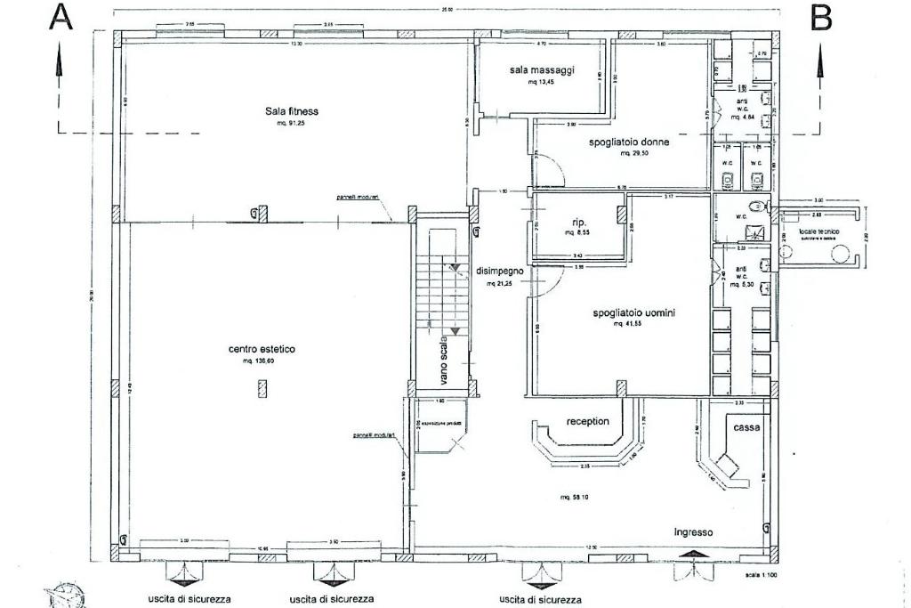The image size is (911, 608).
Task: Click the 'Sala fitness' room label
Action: pos(291,111)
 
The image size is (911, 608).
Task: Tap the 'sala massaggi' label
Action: pos(542,69)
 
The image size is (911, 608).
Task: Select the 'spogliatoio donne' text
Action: pos(628,142)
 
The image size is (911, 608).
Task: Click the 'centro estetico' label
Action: pos(262,350)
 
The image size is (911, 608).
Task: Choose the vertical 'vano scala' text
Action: pos(443,360)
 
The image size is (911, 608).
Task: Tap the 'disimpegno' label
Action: pos(499,271)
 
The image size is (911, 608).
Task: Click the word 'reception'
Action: pos(588,421)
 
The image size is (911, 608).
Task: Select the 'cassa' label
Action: pos(746,428)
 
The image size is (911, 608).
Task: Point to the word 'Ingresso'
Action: pos(693,532)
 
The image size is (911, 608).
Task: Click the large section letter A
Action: pos(60,18)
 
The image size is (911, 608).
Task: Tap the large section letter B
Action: pos(821,18)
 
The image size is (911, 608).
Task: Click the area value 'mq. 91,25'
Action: pos(291,123)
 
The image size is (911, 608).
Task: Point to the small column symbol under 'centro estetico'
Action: pos(262,388)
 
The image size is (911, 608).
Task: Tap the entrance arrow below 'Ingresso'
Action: pos(693,554)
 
